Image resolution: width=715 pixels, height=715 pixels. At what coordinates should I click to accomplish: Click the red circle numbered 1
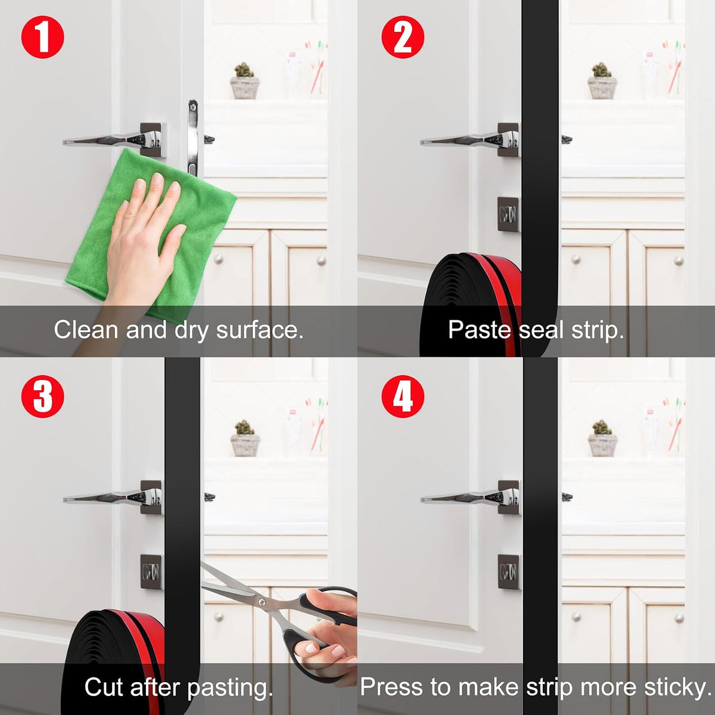point(43,37)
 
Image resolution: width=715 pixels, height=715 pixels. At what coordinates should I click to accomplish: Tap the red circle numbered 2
point(403,37)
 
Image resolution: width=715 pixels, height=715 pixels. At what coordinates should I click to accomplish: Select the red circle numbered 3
point(43,396)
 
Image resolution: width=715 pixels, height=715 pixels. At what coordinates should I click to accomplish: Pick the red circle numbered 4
point(403,396)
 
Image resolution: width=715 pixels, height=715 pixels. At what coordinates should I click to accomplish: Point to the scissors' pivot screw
point(262,602)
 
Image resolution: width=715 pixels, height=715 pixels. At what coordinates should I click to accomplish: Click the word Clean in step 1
point(86,329)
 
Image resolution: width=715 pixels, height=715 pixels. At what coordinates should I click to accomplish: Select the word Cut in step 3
point(104,687)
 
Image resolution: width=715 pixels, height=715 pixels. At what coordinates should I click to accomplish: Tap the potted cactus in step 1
point(244,81)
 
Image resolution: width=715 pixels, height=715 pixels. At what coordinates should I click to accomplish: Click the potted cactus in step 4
point(602,439)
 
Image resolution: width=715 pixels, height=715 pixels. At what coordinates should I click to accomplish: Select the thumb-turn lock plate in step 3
point(151,572)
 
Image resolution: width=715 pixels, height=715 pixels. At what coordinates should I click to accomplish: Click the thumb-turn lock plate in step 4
point(508,572)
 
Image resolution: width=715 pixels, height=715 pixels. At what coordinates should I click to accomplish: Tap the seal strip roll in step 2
point(471,304)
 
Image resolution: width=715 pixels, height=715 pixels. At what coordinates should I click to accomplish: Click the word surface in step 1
point(260,329)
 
